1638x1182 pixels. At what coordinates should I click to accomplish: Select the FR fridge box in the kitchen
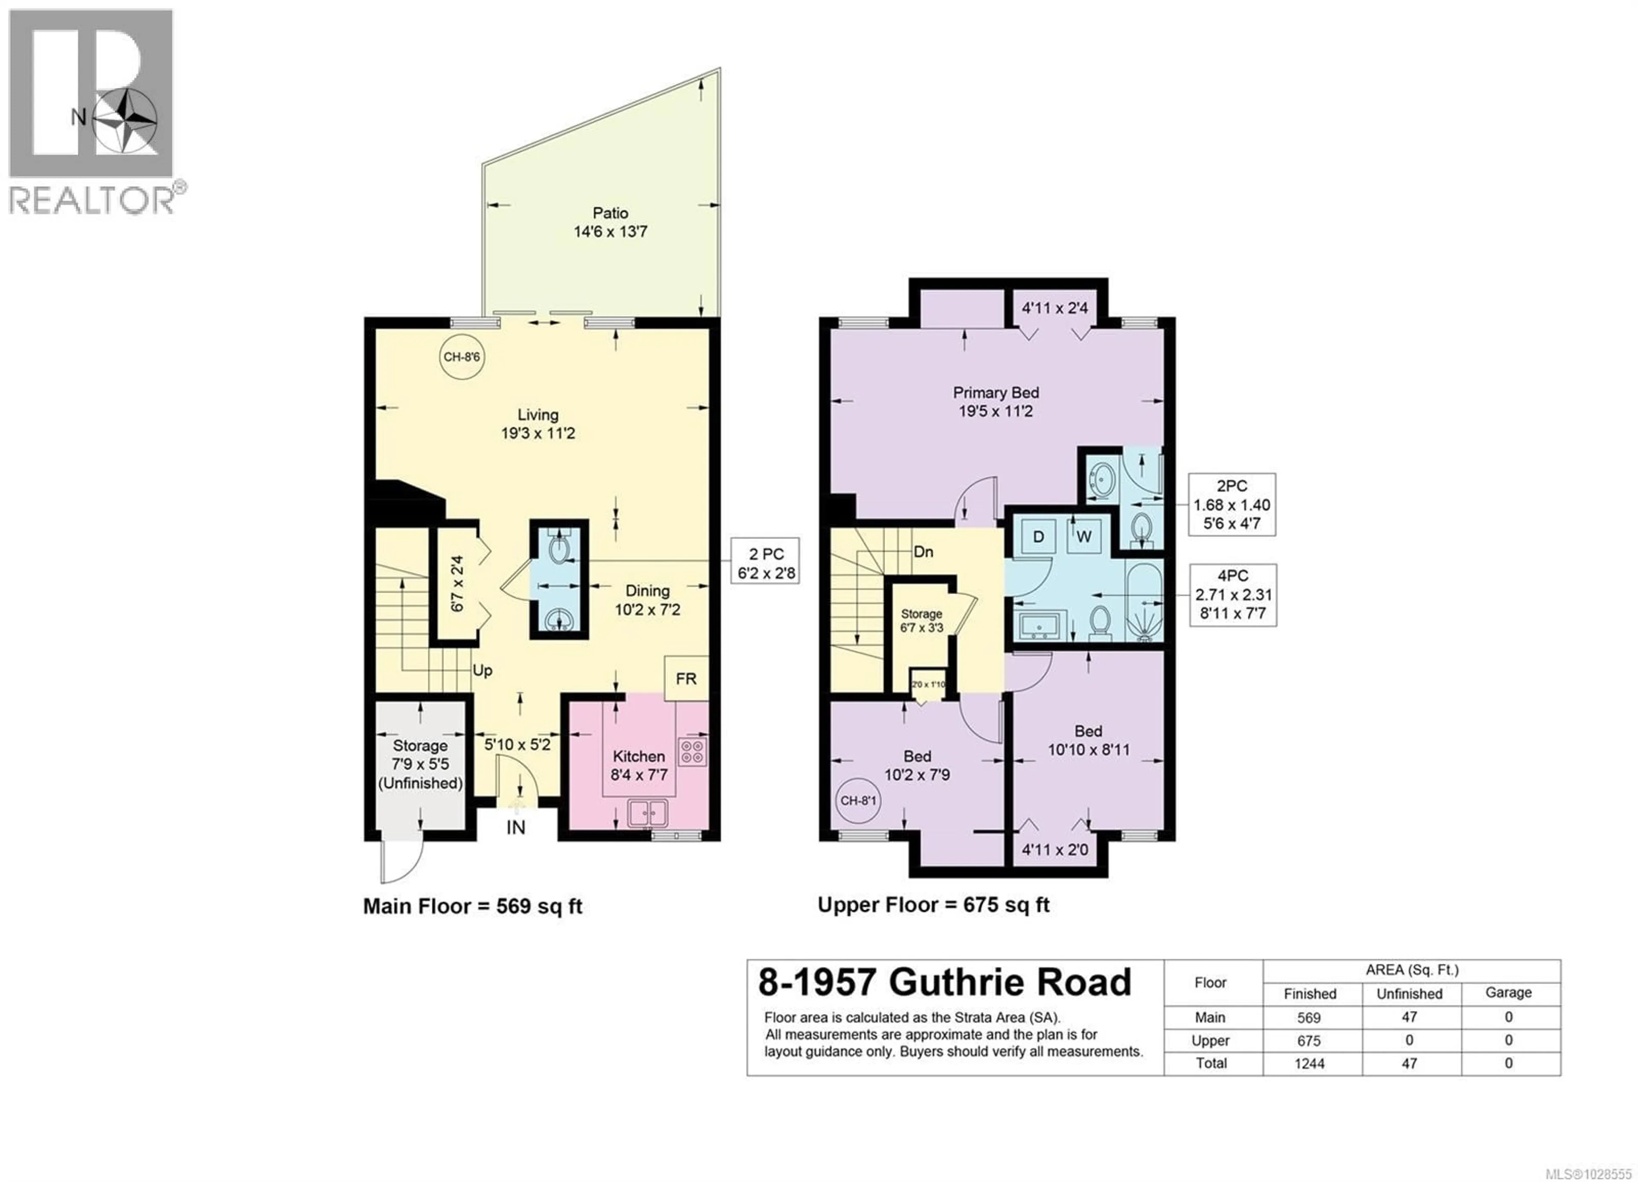point(686,679)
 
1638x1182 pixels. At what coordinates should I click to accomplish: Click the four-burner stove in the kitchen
point(692,751)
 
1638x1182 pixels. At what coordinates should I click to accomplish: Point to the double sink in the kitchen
point(648,813)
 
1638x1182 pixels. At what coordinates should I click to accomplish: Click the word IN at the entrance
point(516,828)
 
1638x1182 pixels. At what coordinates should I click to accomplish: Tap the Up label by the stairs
point(482,671)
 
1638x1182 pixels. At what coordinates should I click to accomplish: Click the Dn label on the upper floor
point(923,552)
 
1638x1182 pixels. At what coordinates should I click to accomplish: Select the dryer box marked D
point(1039,536)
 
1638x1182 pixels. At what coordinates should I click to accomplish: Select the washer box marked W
point(1084,536)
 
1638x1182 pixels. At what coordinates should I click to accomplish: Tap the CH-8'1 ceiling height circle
point(858,801)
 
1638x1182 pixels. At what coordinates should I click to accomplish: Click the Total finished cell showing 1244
point(1310,1063)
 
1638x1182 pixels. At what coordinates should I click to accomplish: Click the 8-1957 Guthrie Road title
point(944,983)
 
